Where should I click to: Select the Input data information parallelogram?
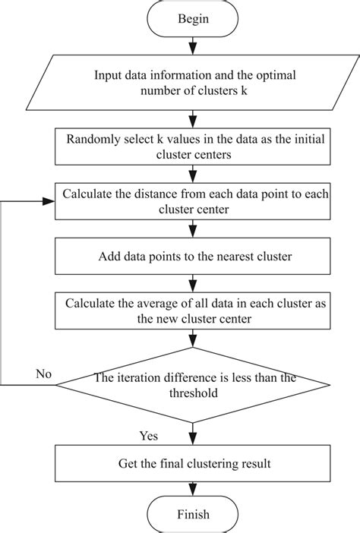[196, 84]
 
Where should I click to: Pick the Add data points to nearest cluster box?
[196, 257]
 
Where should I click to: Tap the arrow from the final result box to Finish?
[196, 487]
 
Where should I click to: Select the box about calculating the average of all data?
[196, 311]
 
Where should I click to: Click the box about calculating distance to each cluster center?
[196, 202]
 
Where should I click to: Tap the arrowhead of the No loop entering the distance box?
[50, 202]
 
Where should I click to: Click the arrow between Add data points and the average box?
[196, 284]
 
